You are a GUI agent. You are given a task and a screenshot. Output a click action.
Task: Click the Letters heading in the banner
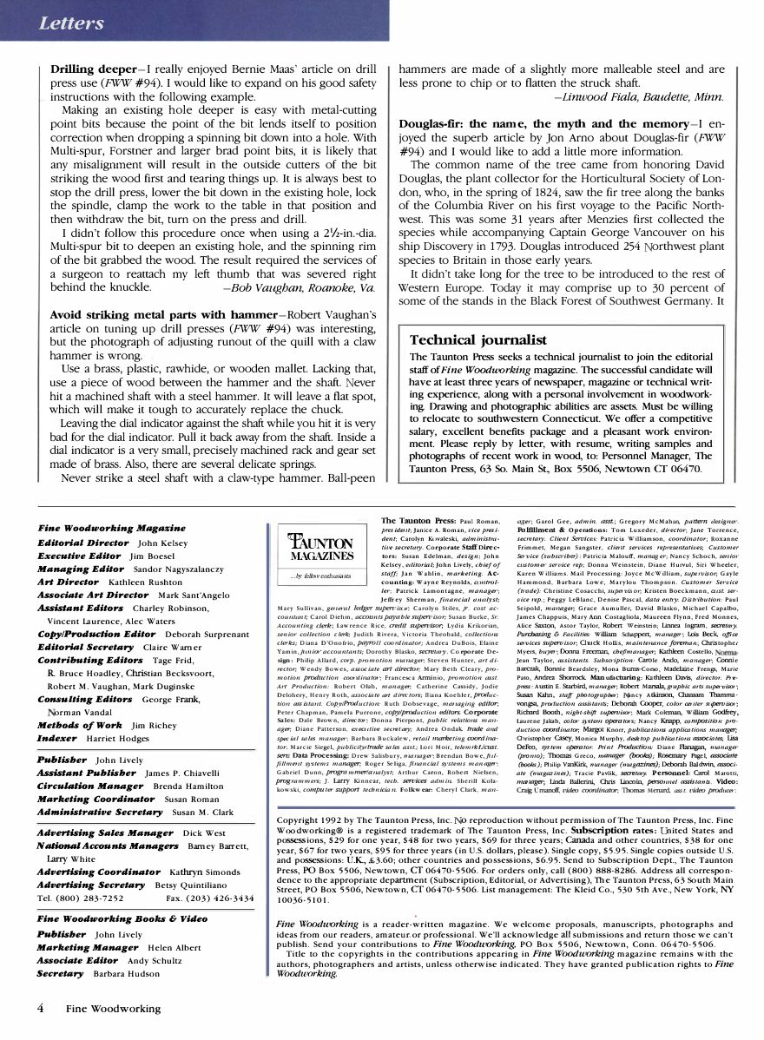tap(70, 23)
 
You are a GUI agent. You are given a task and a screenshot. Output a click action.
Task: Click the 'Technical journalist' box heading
tap(477, 340)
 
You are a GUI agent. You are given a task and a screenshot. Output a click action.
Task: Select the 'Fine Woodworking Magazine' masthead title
tap(111, 528)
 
